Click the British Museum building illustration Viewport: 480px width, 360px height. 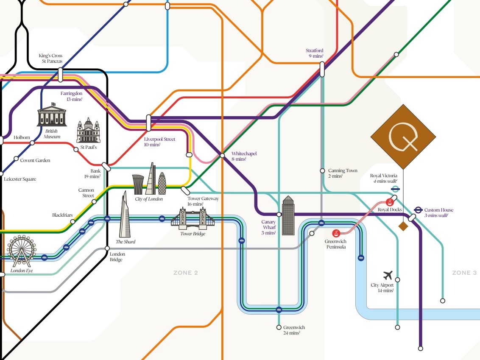(x=52, y=115)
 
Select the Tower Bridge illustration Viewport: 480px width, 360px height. (x=193, y=218)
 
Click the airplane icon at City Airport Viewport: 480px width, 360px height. (x=388, y=275)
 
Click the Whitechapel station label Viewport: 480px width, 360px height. (x=244, y=156)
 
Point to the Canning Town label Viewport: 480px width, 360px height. (x=343, y=173)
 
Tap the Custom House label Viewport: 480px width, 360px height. (x=438, y=212)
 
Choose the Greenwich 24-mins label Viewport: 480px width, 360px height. (x=294, y=330)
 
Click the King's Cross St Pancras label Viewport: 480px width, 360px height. (x=50, y=59)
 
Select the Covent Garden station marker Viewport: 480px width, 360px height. (x=16, y=159)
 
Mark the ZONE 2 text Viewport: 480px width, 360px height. (x=186, y=273)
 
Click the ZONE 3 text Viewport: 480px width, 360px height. (x=464, y=273)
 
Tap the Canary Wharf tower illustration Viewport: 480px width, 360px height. (x=288, y=215)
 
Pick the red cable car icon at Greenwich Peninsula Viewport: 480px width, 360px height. (x=336, y=233)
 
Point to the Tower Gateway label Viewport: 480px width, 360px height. (x=203, y=201)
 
